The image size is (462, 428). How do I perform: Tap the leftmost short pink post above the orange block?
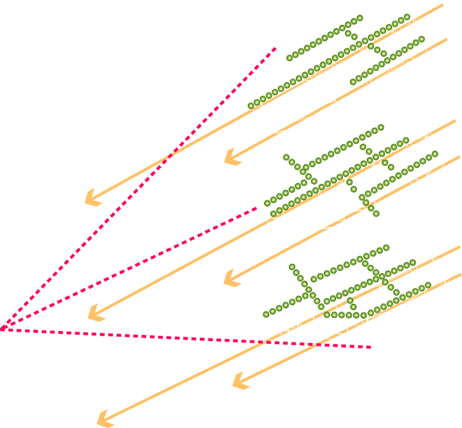coord(268,348)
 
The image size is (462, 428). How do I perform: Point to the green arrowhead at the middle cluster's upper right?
coord(405,137)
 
